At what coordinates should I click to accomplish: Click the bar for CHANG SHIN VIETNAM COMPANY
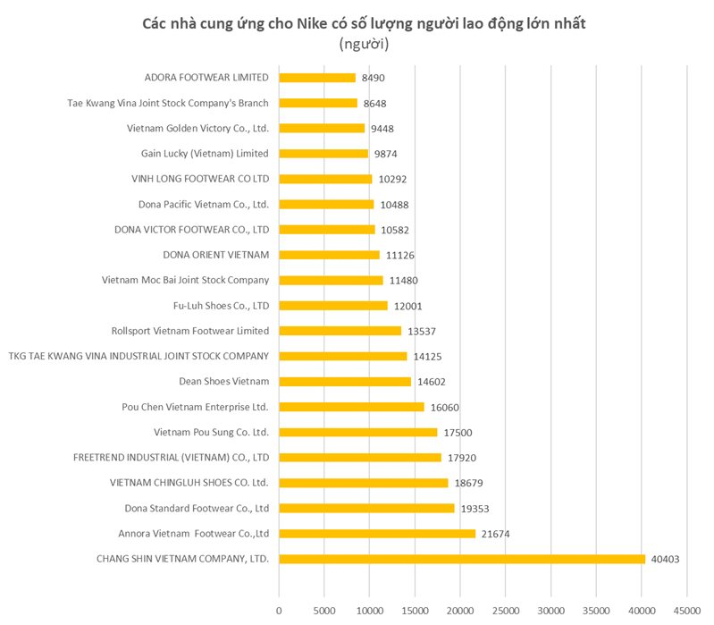pyautogui.click(x=461, y=559)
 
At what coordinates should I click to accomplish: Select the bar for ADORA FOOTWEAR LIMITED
pyautogui.click(x=317, y=78)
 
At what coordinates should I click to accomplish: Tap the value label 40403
pyautogui.click(x=666, y=559)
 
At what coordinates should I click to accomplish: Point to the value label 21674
pyautogui.click(x=496, y=534)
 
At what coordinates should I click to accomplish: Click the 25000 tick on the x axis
pyautogui.click(x=505, y=611)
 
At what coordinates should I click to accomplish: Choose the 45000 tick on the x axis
pyautogui.click(x=686, y=611)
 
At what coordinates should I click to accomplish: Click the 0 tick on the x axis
pyautogui.click(x=279, y=611)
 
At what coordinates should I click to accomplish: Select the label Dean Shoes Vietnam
pyautogui.click(x=224, y=382)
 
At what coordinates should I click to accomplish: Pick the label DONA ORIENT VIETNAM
pyautogui.click(x=216, y=255)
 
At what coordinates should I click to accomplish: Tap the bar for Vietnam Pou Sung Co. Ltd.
pyautogui.click(x=357, y=432)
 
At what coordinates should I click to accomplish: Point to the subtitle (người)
pyautogui.click(x=364, y=44)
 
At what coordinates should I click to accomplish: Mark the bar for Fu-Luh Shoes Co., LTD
pyautogui.click(x=333, y=306)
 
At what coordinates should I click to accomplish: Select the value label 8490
pyautogui.click(x=374, y=78)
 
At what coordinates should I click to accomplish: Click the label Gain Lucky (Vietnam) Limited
pyautogui.click(x=205, y=154)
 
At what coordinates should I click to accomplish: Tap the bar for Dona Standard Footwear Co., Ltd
pyautogui.click(x=366, y=508)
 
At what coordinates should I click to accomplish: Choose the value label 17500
pyautogui.click(x=458, y=432)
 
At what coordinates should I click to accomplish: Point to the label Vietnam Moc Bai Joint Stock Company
pyautogui.click(x=185, y=281)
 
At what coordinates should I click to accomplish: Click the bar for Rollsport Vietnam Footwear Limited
pyautogui.click(x=340, y=331)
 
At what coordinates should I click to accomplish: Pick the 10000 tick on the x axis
pyautogui.click(x=369, y=611)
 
